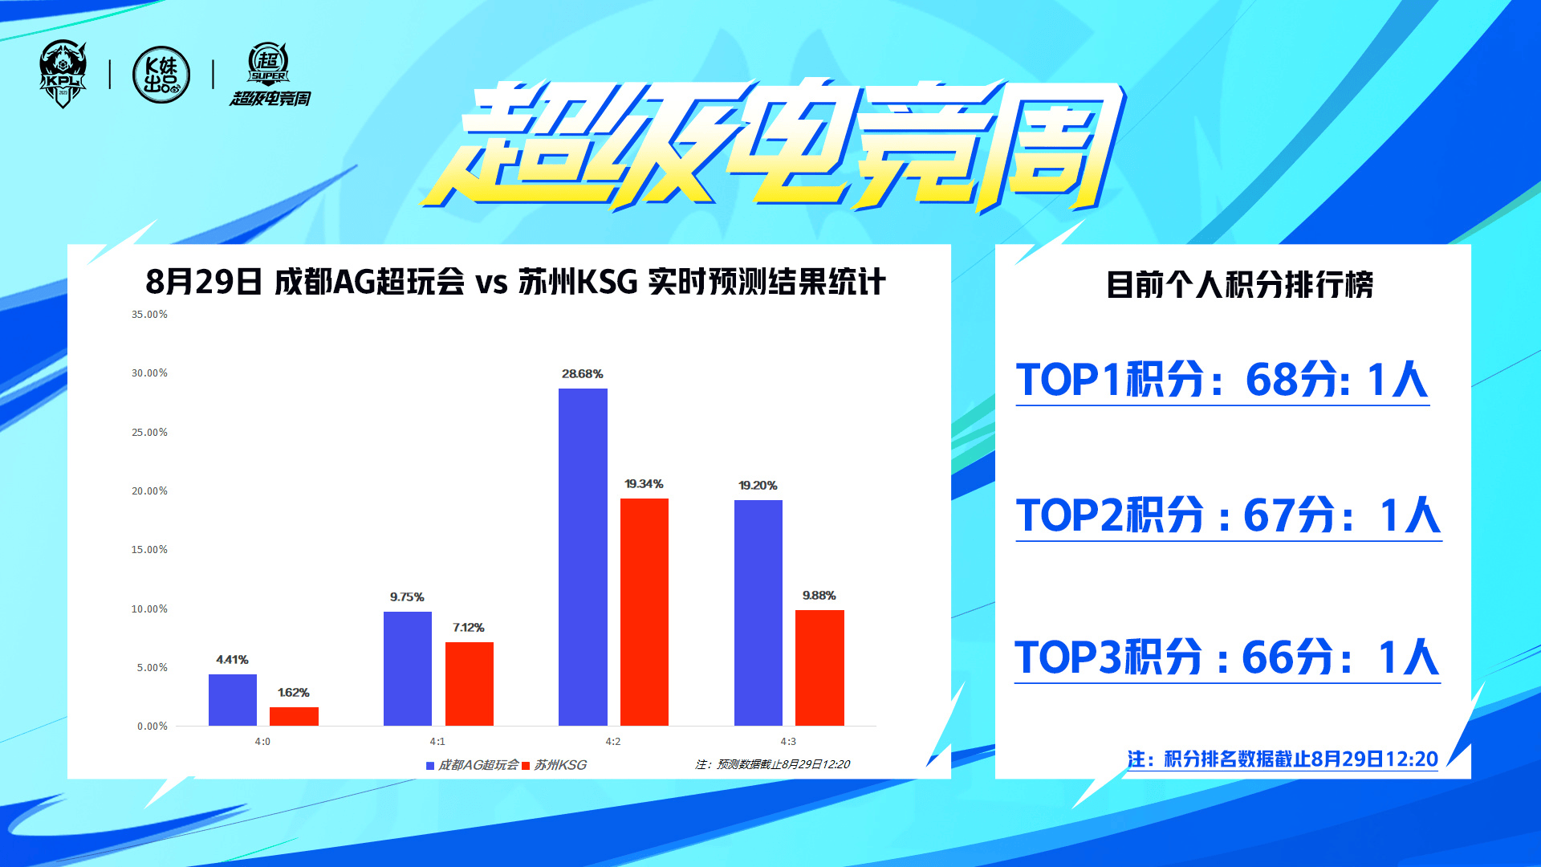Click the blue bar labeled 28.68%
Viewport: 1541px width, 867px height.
point(583,557)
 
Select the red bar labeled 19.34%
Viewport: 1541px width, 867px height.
point(644,612)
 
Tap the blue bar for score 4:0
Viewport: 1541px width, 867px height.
point(233,700)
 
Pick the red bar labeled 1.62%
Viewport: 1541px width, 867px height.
point(294,716)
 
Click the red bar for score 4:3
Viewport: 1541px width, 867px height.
point(819,668)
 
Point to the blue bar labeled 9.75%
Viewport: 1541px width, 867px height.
point(408,669)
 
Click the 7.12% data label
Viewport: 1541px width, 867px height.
point(469,628)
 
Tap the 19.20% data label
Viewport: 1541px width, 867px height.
point(758,486)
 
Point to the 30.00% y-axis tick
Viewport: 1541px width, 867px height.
point(150,373)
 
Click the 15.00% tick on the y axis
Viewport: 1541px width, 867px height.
point(150,550)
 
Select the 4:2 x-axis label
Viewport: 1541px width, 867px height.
point(613,742)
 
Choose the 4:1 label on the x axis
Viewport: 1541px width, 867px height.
point(437,742)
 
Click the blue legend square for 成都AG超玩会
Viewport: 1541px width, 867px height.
point(430,766)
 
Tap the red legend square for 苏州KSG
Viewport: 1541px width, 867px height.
point(526,766)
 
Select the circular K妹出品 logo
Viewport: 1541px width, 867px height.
point(161,75)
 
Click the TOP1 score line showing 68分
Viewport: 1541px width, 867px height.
point(1222,380)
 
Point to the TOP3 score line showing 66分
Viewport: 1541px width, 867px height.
point(1227,657)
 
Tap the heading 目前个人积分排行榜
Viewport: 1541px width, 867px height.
point(1239,285)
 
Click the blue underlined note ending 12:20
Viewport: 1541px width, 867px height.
point(1283,759)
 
